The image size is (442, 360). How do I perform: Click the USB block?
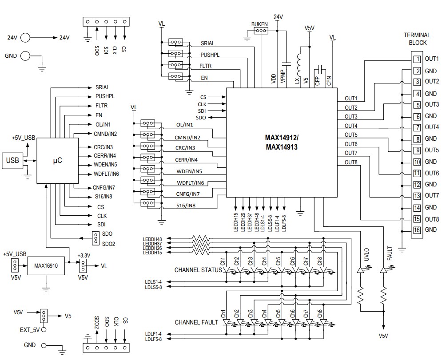[x=13, y=160]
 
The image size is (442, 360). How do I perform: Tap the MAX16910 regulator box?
[x=45, y=265]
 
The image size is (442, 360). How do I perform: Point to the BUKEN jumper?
[x=260, y=31]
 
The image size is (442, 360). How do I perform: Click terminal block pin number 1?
[x=417, y=59]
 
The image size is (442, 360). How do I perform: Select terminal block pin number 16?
[x=417, y=230]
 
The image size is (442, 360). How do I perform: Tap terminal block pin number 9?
[x=417, y=150]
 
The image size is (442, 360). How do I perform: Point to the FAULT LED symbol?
[x=384, y=269]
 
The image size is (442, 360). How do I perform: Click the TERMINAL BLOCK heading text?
[x=417, y=39]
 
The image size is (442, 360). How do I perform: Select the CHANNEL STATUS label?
[x=198, y=270]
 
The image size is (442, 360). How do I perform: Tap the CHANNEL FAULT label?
[x=196, y=322]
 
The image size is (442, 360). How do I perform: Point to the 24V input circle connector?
[x=25, y=38]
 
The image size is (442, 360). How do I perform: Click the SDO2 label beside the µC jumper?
[x=109, y=243]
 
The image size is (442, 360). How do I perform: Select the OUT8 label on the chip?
[x=351, y=162]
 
